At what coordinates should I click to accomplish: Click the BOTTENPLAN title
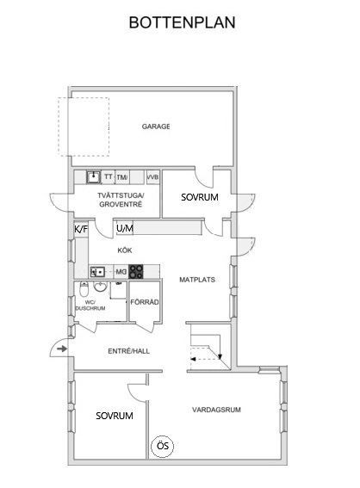(x=182, y=22)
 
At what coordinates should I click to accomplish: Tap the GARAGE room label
(x=156, y=127)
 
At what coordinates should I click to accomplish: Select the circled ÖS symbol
(x=162, y=446)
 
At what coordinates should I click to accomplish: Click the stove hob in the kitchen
(x=136, y=271)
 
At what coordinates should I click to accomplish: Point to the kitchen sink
(x=97, y=272)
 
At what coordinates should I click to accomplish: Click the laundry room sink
(x=93, y=177)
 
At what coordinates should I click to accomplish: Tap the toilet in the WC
(x=84, y=289)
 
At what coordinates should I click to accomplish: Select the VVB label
(x=152, y=177)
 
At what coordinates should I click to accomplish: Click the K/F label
(x=81, y=230)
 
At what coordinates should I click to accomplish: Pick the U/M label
(x=125, y=228)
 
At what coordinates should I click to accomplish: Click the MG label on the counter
(x=121, y=272)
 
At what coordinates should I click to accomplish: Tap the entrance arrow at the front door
(x=62, y=349)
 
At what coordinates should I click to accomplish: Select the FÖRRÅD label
(x=145, y=302)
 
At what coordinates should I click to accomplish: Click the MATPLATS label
(x=197, y=280)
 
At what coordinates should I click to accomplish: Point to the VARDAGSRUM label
(x=216, y=410)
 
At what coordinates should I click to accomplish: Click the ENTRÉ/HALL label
(x=128, y=351)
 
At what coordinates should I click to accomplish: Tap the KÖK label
(x=125, y=250)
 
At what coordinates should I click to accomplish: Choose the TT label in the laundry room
(x=109, y=176)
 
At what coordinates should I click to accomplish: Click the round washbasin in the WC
(x=100, y=287)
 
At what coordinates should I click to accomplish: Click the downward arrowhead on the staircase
(x=220, y=356)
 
